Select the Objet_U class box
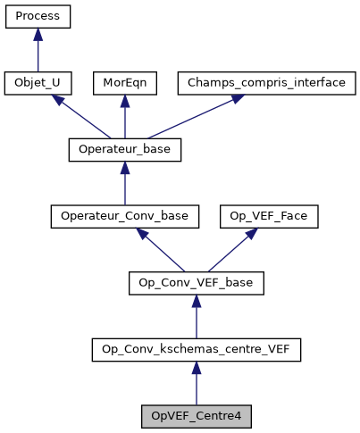click(38, 83)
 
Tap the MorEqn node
click(124, 83)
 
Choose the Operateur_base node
click(124, 150)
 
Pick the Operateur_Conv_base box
click(124, 216)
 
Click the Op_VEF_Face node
click(257, 216)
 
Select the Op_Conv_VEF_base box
click(197, 283)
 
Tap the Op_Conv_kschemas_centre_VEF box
click(197, 349)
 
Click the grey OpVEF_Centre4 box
click(197, 416)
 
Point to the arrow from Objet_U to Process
click(38, 52)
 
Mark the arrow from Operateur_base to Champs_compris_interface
click(183, 118)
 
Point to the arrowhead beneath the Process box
click(38, 34)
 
